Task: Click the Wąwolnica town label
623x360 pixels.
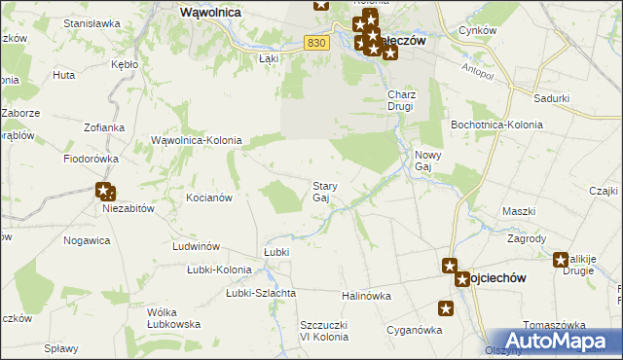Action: point(211,13)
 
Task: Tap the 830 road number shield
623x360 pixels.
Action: point(314,43)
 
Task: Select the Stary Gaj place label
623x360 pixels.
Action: point(323,192)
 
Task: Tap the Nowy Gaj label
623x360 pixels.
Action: point(429,162)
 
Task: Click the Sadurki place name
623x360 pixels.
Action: point(551,98)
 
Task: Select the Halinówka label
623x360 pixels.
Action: point(366,295)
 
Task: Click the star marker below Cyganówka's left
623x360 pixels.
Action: point(445,309)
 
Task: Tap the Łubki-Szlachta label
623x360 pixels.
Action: point(261,293)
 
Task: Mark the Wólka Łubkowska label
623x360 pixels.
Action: point(173,318)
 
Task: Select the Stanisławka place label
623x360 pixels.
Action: point(91,22)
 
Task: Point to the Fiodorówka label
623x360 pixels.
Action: point(91,158)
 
